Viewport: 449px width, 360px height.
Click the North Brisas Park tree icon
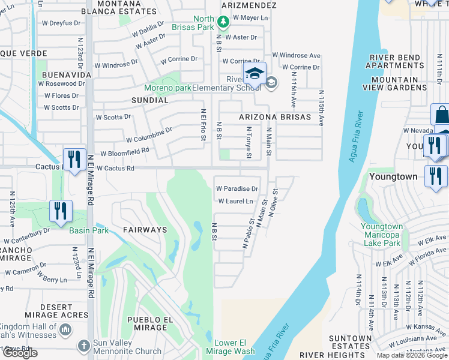click(x=223, y=22)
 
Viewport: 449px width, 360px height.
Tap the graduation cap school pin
click(x=255, y=74)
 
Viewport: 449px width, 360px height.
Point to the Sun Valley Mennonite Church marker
click(x=84, y=346)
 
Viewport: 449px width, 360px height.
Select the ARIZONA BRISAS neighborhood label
click(x=275, y=117)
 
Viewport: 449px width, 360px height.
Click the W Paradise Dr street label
click(x=237, y=188)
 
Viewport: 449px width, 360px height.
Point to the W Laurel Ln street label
click(x=235, y=201)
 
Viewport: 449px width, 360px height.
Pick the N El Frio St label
click(x=203, y=124)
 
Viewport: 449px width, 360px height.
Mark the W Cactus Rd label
click(x=115, y=169)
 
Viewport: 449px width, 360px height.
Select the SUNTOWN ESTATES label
click(x=351, y=342)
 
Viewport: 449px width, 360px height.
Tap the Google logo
click(x=20, y=353)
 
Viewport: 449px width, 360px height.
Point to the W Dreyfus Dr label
click(x=61, y=23)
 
